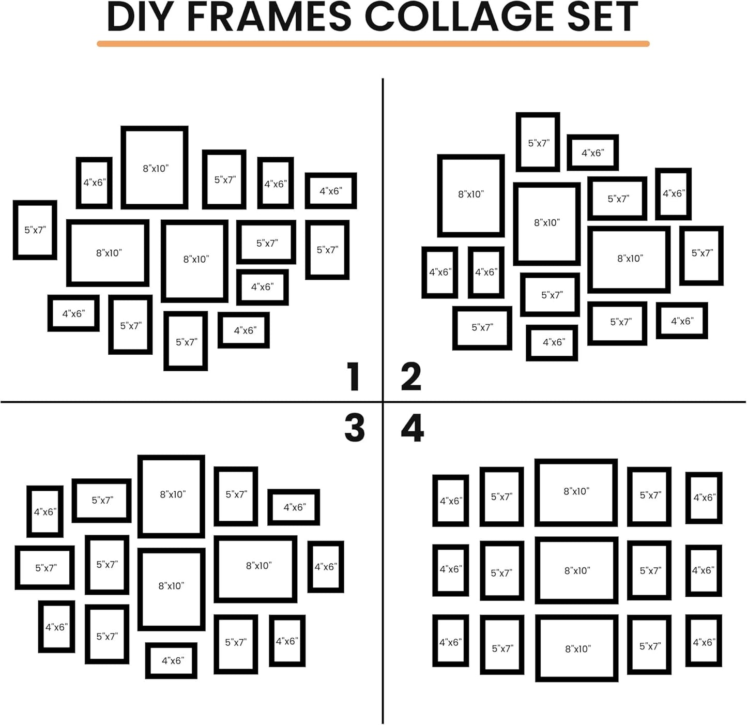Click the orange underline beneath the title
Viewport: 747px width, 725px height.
coord(373,44)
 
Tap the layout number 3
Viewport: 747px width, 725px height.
coord(355,428)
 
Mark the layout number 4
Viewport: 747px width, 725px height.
coord(412,428)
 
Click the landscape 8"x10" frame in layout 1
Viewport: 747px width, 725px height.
coord(108,253)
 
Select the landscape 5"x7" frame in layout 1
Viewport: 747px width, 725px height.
coord(266,243)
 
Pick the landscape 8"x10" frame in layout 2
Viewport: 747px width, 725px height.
coord(629,259)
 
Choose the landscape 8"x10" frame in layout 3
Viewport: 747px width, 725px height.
coord(255,569)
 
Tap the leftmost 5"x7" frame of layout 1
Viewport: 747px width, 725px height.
coord(35,230)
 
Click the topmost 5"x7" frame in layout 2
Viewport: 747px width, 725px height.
coord(538,142)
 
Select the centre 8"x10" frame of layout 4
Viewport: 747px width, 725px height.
coord(576,570)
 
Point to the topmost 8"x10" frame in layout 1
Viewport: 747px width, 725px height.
coord(155,168)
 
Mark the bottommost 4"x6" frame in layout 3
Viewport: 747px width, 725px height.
coord(171,660)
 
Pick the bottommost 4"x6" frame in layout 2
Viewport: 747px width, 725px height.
coord(552,342)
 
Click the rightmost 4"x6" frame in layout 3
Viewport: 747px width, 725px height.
coord(326,567)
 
